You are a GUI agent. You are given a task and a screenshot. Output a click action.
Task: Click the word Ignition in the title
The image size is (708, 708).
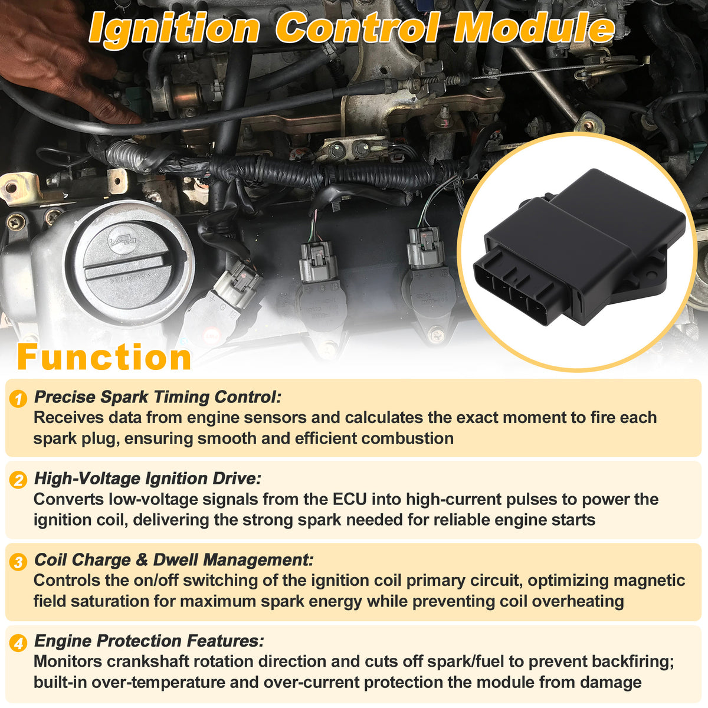[x=174, y=28]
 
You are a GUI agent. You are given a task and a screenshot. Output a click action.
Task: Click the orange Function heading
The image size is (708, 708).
[x=104, y=357]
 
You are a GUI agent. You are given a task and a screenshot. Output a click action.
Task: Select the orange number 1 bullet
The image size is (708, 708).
[x=18, y=399]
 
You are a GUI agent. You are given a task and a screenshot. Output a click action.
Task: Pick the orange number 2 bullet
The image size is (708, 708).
[x=18, y=480]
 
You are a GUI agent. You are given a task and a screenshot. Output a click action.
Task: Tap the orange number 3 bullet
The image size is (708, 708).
[x=18, y=562]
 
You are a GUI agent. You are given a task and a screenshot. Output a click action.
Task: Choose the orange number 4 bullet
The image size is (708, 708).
[x=18, y=643]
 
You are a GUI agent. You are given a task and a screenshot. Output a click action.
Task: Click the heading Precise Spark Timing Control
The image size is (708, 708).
[x=158, y=397]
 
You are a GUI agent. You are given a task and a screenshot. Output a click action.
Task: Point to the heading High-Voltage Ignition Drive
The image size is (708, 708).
[x=147, y=478]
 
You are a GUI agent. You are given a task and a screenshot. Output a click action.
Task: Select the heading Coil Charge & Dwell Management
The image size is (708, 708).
[x=174, y=560]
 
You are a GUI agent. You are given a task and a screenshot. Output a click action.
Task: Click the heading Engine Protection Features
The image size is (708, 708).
[x=149, y=641]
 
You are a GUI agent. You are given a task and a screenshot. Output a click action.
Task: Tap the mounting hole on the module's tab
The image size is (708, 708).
[x=651, y=274]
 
